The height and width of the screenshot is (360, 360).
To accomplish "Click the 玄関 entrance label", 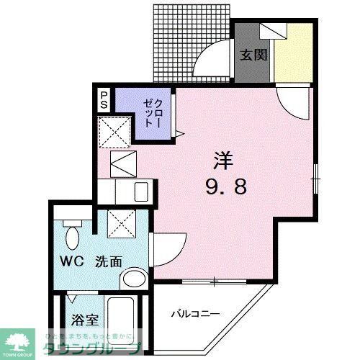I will pos(253,54).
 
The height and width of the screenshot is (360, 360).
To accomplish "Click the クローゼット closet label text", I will pos(151,112).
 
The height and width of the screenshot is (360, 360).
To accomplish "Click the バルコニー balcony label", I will pos(194,314).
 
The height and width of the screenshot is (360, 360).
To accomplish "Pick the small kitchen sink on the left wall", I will pos(141,192).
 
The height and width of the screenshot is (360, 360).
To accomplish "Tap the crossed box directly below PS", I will pos(115,132).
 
